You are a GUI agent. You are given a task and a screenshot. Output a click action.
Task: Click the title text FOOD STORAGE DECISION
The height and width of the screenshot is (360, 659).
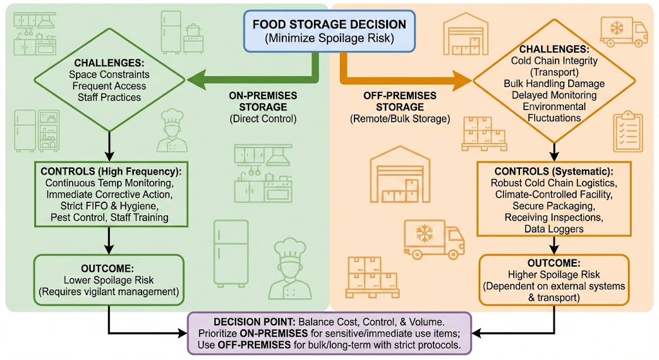[329, 24]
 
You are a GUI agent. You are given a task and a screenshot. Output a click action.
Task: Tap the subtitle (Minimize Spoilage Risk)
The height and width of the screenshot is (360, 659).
[329, 38]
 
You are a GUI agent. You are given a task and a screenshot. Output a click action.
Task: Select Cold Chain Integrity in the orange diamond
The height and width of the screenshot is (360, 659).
[553, 61]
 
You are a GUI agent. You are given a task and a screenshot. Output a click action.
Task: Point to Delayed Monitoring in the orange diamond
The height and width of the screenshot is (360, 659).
[553, 95]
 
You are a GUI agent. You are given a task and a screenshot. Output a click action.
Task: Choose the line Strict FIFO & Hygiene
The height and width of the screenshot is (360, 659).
[109, 205]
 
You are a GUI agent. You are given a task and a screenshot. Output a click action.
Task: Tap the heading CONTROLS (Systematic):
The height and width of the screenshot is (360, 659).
[553, 172]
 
